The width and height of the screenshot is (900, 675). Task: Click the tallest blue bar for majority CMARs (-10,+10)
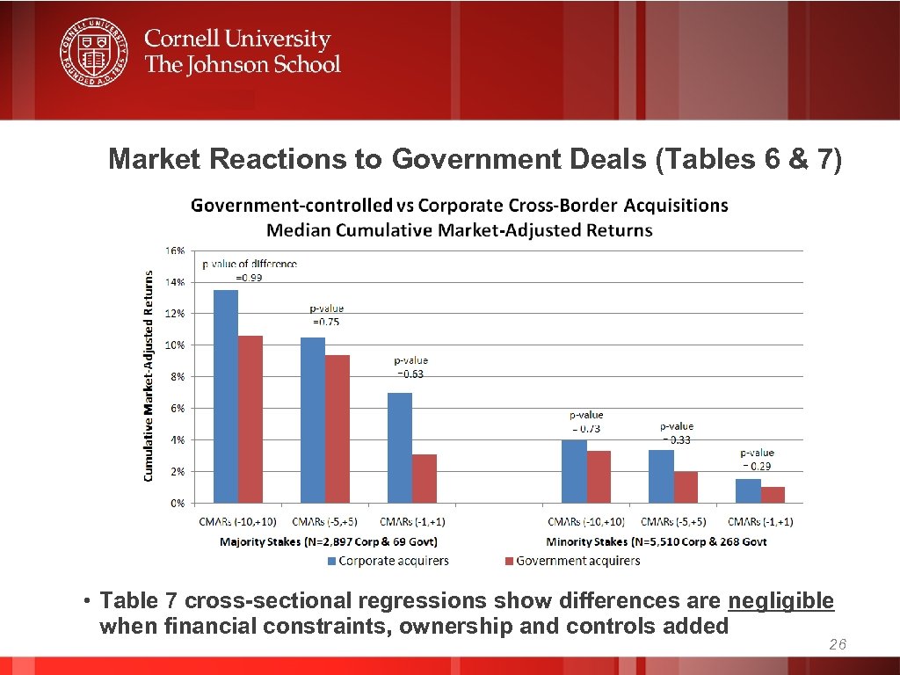(x=226, y=396)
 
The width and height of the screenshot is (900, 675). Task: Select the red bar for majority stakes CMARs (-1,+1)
(x=425, y=478)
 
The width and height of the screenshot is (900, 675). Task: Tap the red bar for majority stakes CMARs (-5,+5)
(x=337, y=429)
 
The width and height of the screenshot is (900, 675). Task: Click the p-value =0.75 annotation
(x=326, y=316)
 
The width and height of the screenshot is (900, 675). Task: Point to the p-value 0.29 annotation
(x=757, y=460)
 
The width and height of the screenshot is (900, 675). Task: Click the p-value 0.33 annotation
(x=676, y=433)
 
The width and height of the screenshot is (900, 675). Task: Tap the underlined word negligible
(x=780, y=601)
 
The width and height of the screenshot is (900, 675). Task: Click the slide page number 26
(x=837, y=646)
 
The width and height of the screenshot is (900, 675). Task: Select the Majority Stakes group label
(x=328, y=541)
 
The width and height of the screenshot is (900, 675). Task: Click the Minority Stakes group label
(x=656, y=541)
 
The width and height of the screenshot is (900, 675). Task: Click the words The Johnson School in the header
(x=243, y=64)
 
